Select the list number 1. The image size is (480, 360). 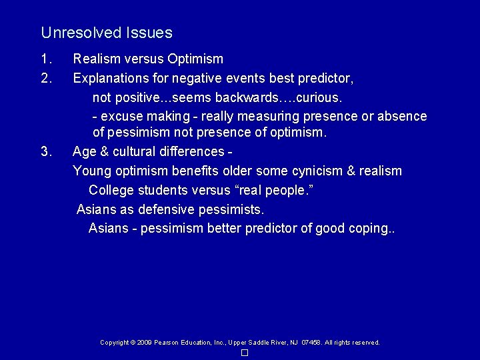[x=45, y=59]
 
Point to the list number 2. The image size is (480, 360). [x=45, y=79]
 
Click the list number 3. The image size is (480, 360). [x=45, y=151]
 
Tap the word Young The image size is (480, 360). [x=92, y=171]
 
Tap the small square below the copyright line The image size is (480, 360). [x=245, y=353]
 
